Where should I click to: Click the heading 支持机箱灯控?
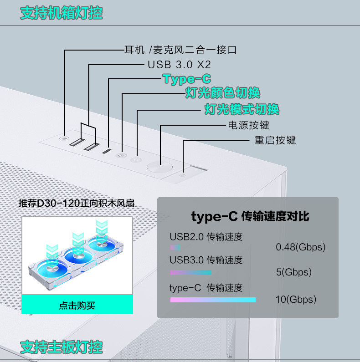[62, 13]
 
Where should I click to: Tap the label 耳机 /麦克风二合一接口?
[180, 50]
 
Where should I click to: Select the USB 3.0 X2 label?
[179, 64]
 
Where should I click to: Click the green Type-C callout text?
[187, 79]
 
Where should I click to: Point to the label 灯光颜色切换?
[222, 93]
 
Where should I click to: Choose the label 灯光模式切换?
[242, 109]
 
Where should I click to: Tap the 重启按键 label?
[275, 140]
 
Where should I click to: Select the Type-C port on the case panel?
[107, 151]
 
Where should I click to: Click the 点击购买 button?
[77, 305]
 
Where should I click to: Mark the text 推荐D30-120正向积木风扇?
[77, 203]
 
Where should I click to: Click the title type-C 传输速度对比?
[250, 216]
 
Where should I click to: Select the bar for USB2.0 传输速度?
[175, 247]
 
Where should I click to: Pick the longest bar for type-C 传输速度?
[213, 300]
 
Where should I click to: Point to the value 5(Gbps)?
[293, 272]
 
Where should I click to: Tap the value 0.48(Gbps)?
[301, 247]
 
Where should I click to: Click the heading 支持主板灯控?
[62, 347]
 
